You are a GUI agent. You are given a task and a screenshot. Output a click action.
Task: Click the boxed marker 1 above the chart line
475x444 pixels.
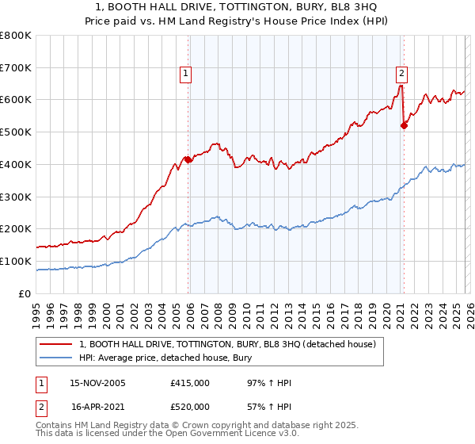click(x=184, y=74)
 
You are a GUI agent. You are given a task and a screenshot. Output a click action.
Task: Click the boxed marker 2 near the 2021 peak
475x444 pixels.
click(x=401, y=74)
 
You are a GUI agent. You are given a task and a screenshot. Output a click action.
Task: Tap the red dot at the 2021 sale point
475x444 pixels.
click(x=404, y=124)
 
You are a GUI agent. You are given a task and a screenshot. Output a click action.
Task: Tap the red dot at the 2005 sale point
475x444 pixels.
click(x=188, y=159)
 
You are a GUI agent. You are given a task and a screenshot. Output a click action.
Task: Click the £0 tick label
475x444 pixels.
click(x=25, y=293)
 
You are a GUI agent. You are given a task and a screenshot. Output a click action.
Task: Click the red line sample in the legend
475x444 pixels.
click(x=55, y=344)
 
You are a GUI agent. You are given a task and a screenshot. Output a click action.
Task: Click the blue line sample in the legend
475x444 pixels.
click(x=55, y=358)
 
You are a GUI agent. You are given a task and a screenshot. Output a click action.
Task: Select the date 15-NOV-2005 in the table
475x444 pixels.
click(x=97, y=383)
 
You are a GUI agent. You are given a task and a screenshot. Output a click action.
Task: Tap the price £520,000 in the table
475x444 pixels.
click(x=190, y=406)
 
